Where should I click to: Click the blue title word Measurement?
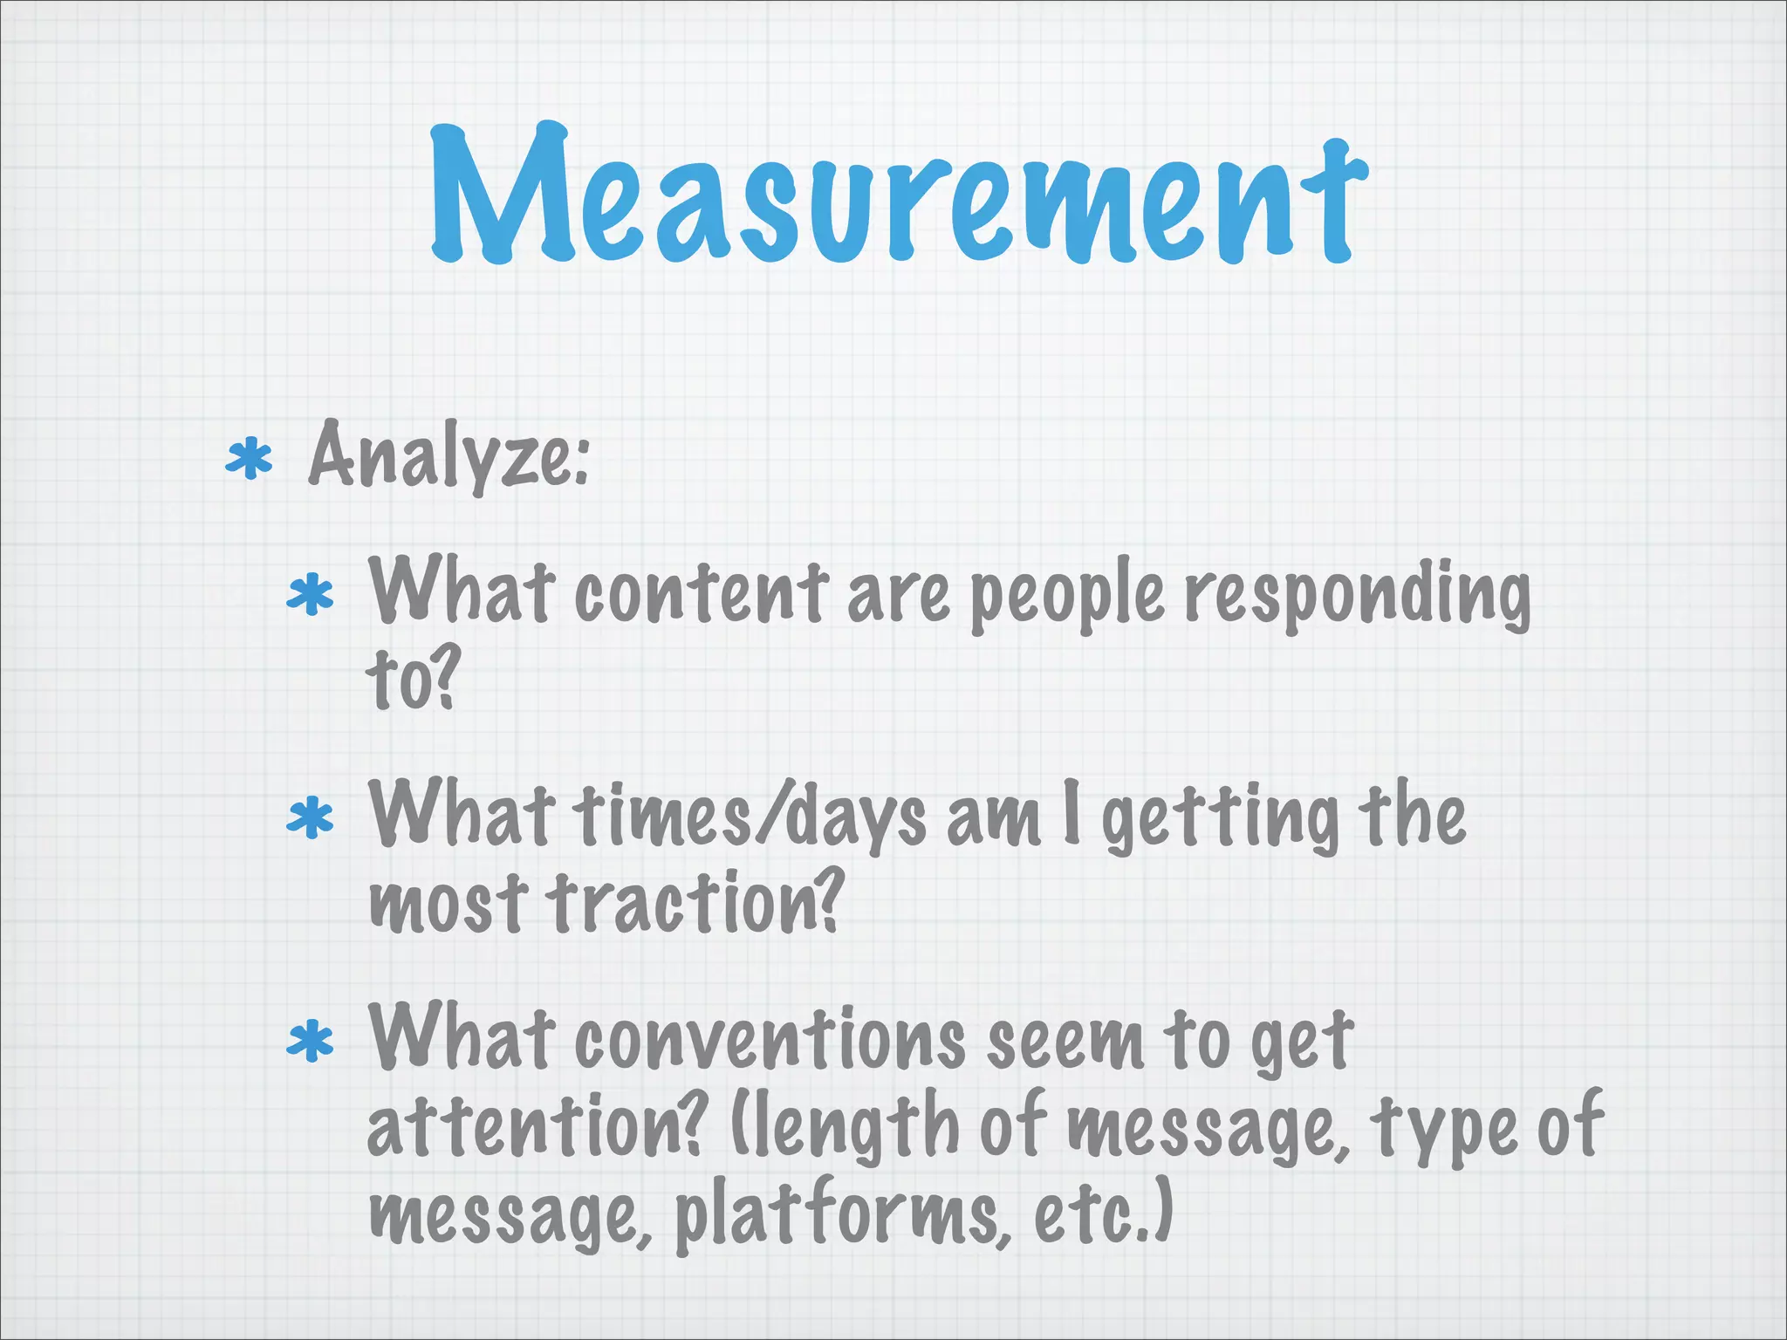point(899,196)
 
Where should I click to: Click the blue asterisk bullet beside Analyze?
point(249,460)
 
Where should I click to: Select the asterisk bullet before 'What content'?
point(311,598)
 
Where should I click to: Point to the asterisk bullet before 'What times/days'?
point(311,820)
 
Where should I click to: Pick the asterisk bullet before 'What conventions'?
point(311,1043)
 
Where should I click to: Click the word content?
point(702,593)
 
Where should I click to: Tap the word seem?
point(1065,1043)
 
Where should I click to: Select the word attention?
point(534,1125)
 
